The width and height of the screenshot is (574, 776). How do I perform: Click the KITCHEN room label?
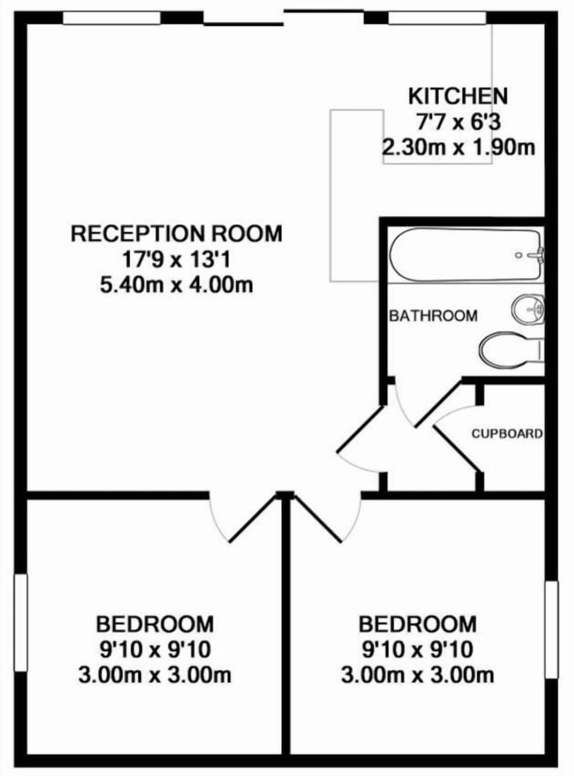tap(458, 96)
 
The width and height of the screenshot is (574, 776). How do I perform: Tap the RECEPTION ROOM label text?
tap(176, 234)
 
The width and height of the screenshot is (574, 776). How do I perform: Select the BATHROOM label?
tap(433, 315)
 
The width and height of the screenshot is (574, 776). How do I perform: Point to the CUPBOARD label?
tap(507, 434)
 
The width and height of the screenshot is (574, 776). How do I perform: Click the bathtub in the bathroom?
tap(467, 254)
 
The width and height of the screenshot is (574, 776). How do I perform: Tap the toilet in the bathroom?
tap(512, 351)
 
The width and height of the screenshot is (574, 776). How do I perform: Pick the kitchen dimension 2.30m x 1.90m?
tap(459, 148)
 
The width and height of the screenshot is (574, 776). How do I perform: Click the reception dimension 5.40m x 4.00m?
tap(176, 285)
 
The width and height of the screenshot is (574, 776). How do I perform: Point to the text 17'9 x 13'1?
tap(176, 260)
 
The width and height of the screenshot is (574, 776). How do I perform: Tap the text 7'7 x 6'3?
tap(458, 122)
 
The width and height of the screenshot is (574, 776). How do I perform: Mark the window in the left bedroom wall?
tap(21, 622)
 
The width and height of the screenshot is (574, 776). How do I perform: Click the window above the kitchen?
tap(438, 18)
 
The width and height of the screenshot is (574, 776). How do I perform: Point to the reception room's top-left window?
tap(112, 18)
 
